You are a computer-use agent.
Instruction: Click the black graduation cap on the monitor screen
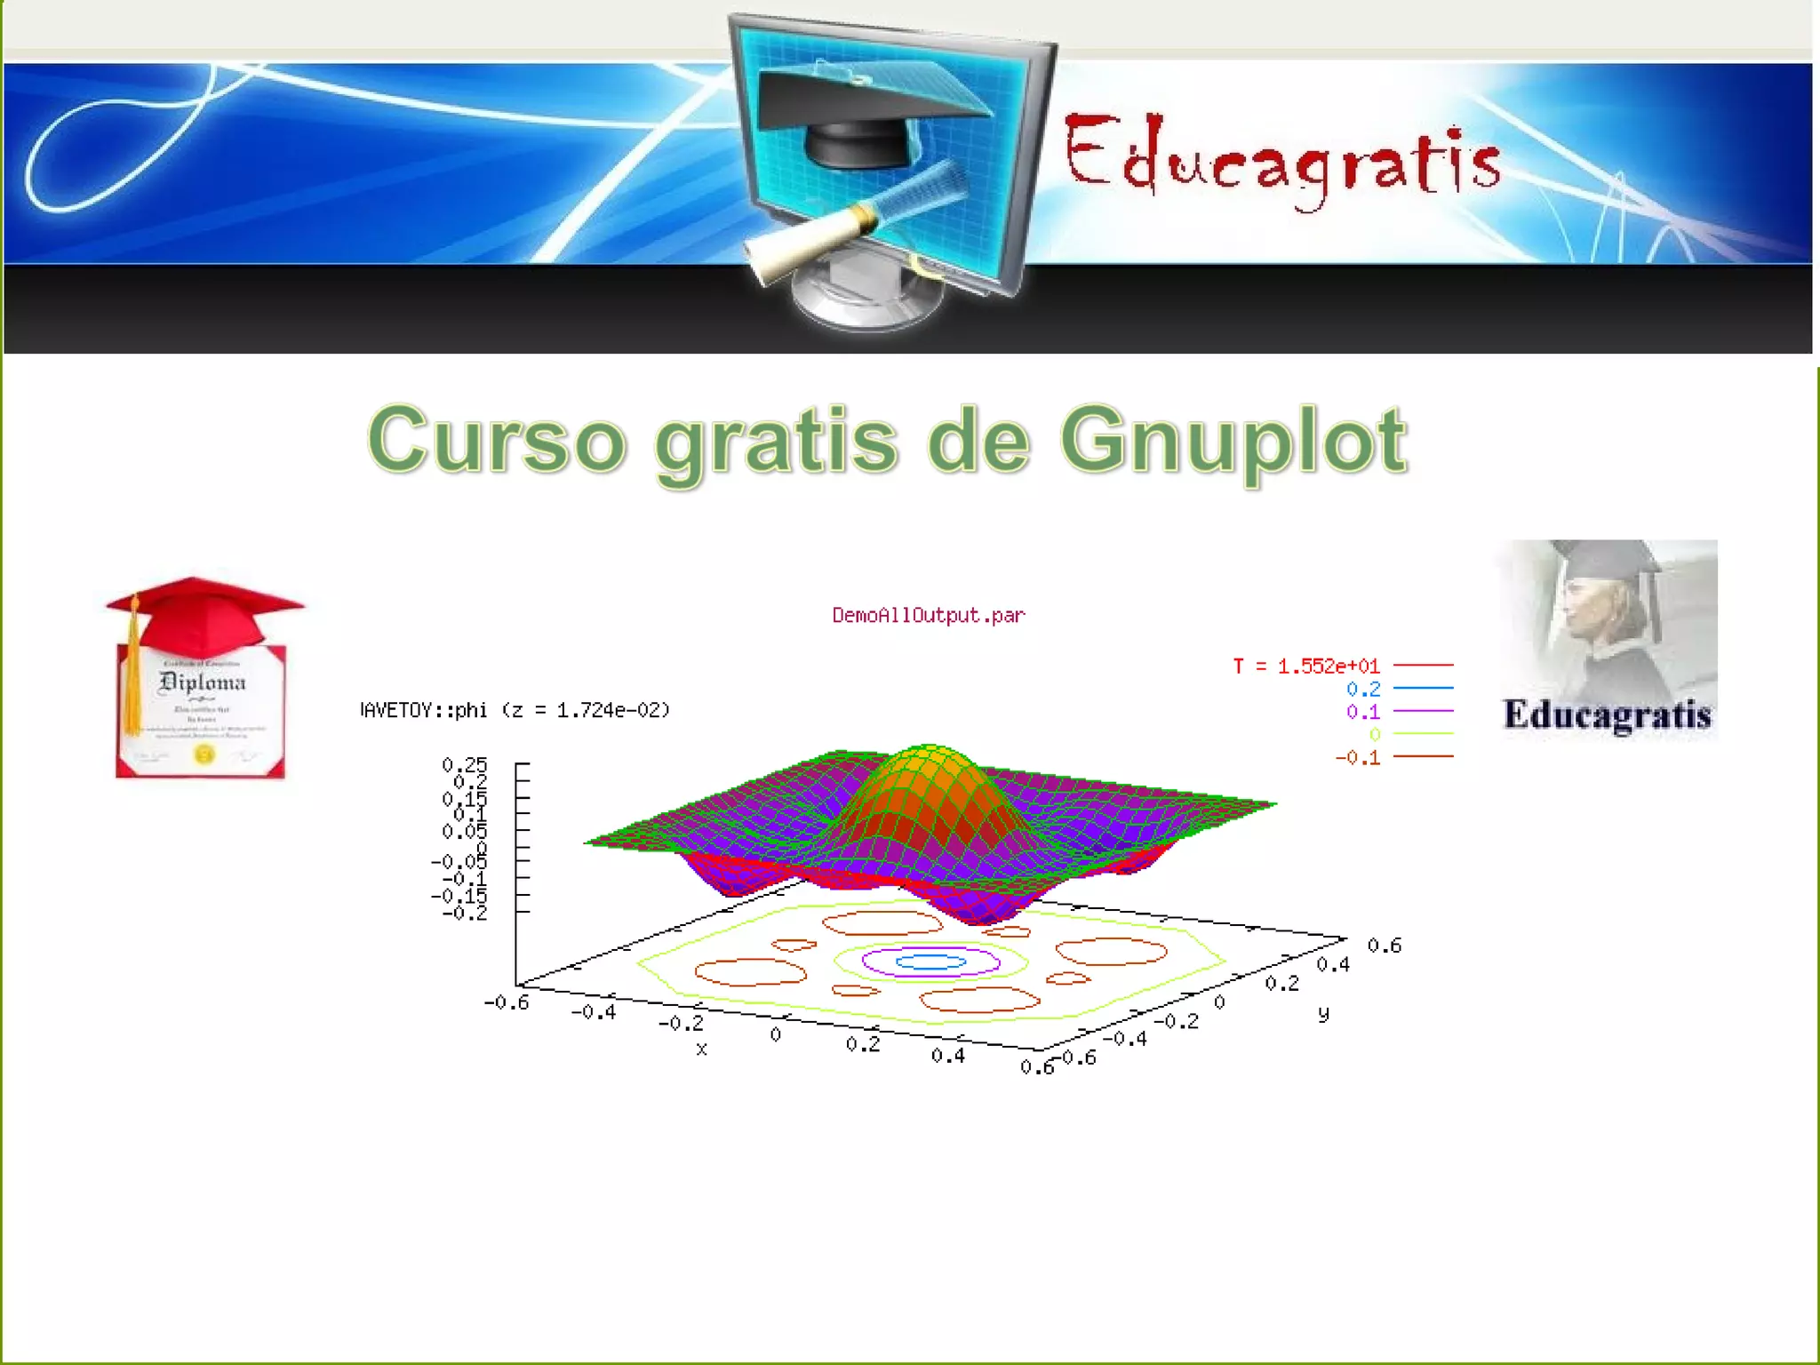(x=866, y=111)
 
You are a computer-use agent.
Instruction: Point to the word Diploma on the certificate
(x=202, y=682)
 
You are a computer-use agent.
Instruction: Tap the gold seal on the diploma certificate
(x=204, y=754)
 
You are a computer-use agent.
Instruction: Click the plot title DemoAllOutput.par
(x=928, y=615)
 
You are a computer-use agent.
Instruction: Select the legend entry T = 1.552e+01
(x=1306, y=666)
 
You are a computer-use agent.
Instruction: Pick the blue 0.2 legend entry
(x=1363, y=689)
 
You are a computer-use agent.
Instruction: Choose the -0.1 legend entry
(x=1358, y=758)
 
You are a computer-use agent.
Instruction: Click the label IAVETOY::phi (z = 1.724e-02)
(x=515, y=710)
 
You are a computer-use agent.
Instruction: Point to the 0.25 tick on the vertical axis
(x=465, y=764)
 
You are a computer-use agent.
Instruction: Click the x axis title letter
(x=701, y=1050)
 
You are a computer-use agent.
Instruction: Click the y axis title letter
(x=1323, y=1013)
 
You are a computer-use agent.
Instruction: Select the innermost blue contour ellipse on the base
(x=930, y=962)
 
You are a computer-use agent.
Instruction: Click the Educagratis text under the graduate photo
(x=1607, y=715)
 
